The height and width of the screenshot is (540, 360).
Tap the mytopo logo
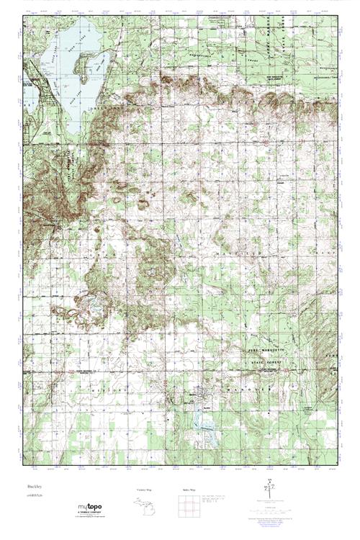click(89, 510)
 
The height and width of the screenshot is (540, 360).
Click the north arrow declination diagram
click(271, 487)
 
